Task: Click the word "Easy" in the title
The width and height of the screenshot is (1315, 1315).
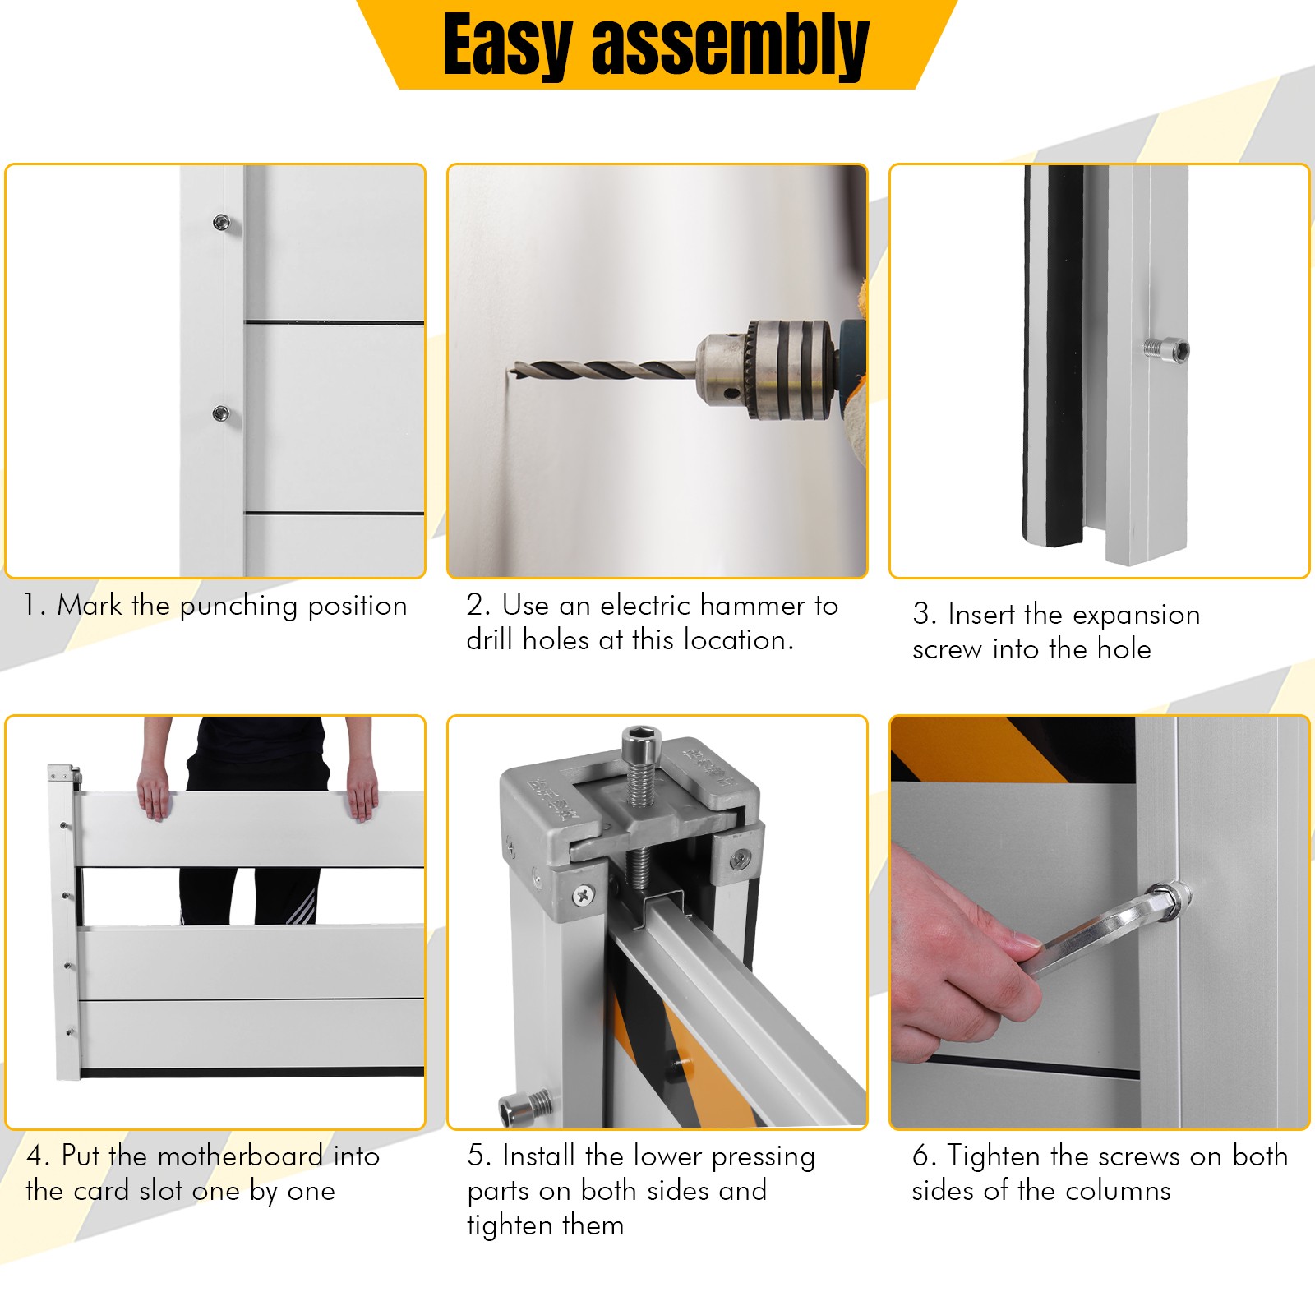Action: (507, 48)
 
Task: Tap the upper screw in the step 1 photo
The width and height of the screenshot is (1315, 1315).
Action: (221, 221)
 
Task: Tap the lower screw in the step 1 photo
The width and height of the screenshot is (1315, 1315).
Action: (221, 413)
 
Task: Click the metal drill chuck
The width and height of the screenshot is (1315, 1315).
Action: (764, 369)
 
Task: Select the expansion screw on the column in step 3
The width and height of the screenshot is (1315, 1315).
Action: (1166, 348)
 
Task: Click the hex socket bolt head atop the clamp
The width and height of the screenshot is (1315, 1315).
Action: (639, 744)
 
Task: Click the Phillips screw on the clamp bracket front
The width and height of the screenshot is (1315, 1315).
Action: (584, 894)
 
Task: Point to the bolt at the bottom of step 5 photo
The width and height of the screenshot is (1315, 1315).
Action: (526, 1109)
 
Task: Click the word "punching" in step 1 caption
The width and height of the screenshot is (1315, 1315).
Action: (238, 607)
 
